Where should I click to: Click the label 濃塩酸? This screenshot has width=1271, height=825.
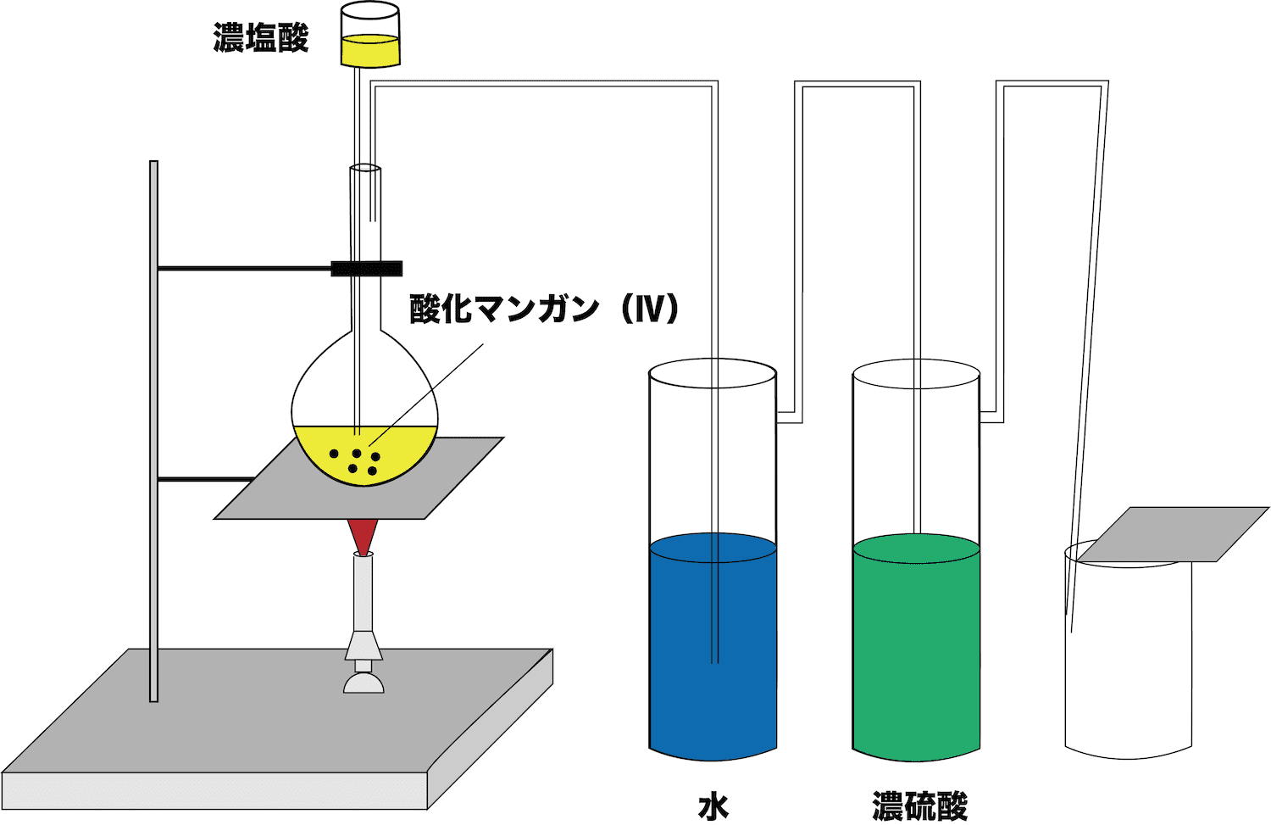coord(261,38)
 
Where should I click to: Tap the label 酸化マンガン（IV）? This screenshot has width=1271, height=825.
coord(544,309)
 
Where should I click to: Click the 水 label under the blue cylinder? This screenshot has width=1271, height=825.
coord(713,807)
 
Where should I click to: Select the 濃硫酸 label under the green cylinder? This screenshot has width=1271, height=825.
coord(919,807)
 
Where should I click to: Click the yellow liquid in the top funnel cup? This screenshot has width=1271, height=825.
coord(370,51)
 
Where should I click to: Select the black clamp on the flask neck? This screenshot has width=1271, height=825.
coord(367,269)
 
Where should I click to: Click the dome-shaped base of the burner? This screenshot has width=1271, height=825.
coord(364,683)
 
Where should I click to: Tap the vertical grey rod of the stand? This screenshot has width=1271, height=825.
coord(153,432)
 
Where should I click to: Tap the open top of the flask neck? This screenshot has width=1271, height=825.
coord(365,169)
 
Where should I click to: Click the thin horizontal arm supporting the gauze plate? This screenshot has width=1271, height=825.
coord(205,480)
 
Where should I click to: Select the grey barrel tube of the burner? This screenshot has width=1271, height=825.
coord(364,594)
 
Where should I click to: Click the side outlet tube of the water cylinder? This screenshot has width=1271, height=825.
coord(790,417)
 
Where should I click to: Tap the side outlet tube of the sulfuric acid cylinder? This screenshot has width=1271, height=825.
coord(992,417)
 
